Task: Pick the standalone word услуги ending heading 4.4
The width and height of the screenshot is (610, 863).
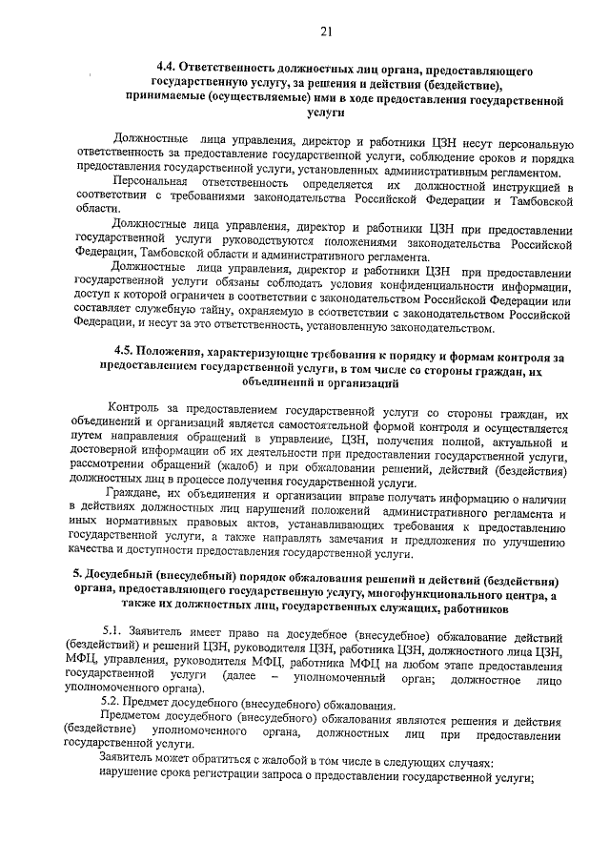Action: (x=326, y=112)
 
